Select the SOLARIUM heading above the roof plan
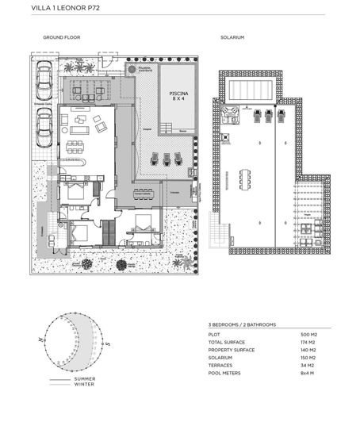(232, 38)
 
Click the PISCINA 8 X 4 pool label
(178, 96)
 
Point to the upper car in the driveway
(44, 76)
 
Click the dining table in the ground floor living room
(78, 146)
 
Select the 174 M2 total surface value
(310, 343)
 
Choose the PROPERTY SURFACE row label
(234, 350)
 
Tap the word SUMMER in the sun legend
(85, 379)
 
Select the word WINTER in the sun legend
(85, 386)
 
